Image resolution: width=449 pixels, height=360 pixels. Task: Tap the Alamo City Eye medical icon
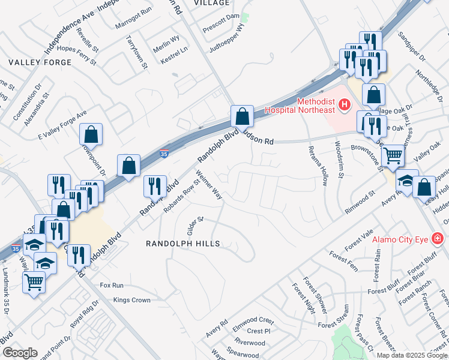pyautogui.click(x=438, y=239)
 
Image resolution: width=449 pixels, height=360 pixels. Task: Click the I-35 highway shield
pyautogui.click(x=164, y=155)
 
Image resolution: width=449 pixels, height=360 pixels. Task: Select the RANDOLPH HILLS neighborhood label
pyautogui.click(x=183, y=244)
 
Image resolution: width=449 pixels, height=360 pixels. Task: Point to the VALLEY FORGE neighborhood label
pyautogui.click(x=31, y=62)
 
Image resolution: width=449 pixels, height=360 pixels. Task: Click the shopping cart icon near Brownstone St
pyautogui.click(x=393, y=155)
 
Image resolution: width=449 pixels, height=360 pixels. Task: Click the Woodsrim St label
pyautogui.click(x=339, y=160)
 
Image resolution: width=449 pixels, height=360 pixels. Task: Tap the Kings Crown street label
pyautogui.click(x=131, y=299)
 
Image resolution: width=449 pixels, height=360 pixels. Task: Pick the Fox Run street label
pyautogui.click(x=112, y=286)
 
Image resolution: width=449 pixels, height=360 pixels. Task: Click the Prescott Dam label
pyautogui.click(x=221, y=16)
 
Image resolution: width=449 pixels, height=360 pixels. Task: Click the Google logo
pyautogui.click(x=20, y=353)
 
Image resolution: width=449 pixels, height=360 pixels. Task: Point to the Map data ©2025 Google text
pyautogui.click(x=412, y=355)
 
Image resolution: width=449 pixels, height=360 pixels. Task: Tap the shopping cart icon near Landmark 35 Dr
pyautogui.click(x=34, y=282)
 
